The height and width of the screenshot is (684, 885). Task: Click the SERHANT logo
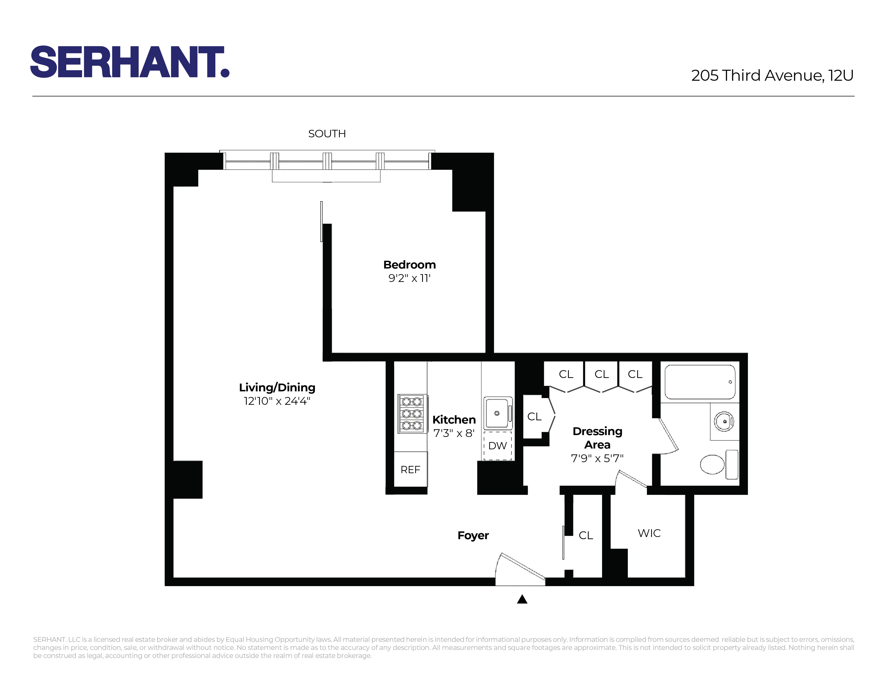(130, 62)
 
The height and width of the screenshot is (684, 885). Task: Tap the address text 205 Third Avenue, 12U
(772, 75)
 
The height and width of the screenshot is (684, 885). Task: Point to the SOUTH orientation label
(327, 134)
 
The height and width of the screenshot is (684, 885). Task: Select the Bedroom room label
(409, 264)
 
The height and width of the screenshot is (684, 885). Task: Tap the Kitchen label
(454, 420)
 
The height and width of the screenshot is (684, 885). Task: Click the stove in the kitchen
(412, 414)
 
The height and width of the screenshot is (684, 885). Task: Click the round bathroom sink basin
(724, 421)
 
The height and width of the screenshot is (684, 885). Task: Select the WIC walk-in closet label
(649, 533)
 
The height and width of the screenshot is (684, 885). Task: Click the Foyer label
(473, 535)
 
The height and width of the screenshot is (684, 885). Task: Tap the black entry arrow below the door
(522, 599)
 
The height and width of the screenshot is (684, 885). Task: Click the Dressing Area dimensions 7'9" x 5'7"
(597, 458)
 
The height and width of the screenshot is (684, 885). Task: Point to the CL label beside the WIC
(585, 535)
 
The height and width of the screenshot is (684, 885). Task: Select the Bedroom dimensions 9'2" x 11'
(409, 278)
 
